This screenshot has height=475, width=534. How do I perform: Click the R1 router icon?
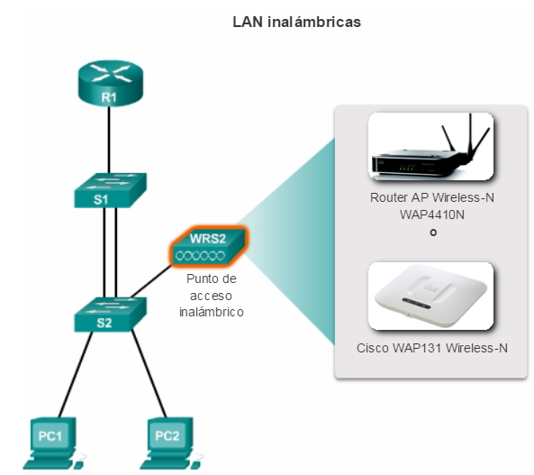pyautogui.click(x=111, y=83)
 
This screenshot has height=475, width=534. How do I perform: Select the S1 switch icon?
pyautogui.click(x=111, y=190)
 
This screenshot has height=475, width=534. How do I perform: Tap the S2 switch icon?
pyautogui.click(x=111, y=315)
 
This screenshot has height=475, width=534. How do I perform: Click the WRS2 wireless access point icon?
pyautogui.click(x=208, y=246)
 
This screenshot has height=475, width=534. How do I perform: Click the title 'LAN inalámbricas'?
pyautogui.click(x=296, y=23)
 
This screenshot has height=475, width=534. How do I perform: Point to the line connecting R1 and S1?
pyautogui.click(x=109, y=140)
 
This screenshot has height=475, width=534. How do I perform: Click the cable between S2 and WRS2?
pyautogui.click(x=151, y=281)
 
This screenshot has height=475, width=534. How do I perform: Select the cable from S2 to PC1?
pyautogui.click(x=76, y=374)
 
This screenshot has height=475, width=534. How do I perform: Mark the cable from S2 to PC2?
pyautogui.click(x=149, y=374)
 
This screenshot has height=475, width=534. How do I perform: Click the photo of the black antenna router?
pyautogui.click(x=430, y=147)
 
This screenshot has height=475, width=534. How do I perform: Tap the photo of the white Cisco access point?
pyautogui.click(x=430, y=296)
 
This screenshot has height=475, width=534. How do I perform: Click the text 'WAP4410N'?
pyautogui.click(x=432, y=215)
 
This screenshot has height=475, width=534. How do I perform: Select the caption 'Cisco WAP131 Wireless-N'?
pyautogui.click(x=432, y=348)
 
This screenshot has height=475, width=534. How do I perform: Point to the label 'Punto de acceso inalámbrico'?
pyautogui.click(x=212, y=296)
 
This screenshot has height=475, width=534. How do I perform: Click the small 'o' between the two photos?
pyautogui.click(x=433, y=233)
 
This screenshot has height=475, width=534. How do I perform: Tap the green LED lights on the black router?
pyautogui.click(x=407, y=169)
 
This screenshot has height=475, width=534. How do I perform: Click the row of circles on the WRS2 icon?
pyautogui.click(x=200, y=255)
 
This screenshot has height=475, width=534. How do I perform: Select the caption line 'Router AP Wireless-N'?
pyautogui.click(x=432, y=197)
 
